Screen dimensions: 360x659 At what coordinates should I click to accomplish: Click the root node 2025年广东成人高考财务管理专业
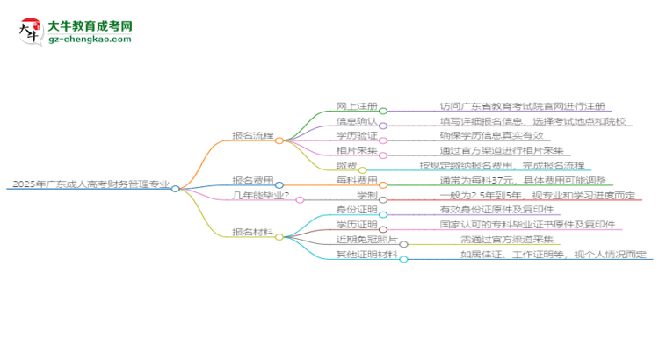point(88,185)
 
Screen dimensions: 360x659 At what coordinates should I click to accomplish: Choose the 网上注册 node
point(354,105)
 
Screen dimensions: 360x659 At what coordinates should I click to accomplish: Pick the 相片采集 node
point(354,150)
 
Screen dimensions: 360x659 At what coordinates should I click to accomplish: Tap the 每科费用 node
point(354,180)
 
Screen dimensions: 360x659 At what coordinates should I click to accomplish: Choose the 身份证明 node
point(354,210)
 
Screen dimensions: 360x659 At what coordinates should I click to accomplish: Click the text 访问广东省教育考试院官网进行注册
point(522,105)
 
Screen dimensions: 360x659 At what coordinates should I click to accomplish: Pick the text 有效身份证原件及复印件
point(496,210)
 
